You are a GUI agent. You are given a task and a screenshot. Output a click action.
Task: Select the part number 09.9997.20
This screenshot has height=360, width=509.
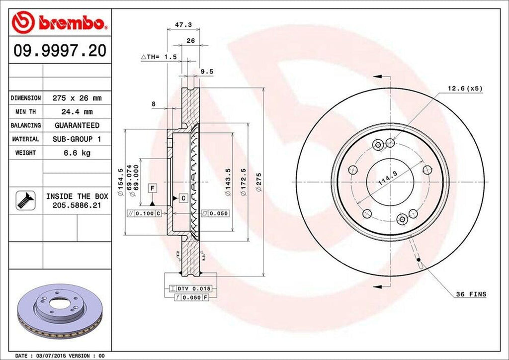click(x=60, y=51)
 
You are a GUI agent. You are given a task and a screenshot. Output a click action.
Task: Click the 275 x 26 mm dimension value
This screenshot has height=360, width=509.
click(x=77, y=98)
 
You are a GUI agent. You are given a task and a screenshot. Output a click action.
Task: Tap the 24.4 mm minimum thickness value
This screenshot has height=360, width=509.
click(x=77, y=112)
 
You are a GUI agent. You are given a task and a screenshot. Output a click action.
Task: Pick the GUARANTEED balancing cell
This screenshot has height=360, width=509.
click(x=77, y=125)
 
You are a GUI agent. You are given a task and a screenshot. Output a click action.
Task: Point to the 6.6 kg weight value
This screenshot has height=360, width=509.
click(x=77, y=153)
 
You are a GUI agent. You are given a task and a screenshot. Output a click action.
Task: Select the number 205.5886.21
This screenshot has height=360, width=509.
click(x=77, y=204)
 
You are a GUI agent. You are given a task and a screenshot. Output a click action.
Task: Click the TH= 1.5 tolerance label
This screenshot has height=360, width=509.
click(x=160, y=57)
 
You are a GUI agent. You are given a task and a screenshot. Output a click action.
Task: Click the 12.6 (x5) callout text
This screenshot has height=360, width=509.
click(x=465, y=89)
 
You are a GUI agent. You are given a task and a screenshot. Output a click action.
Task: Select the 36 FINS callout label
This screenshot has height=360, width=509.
click(x=471, y=294)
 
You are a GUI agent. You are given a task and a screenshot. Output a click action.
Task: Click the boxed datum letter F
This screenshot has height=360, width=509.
click(x=153, y=187)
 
